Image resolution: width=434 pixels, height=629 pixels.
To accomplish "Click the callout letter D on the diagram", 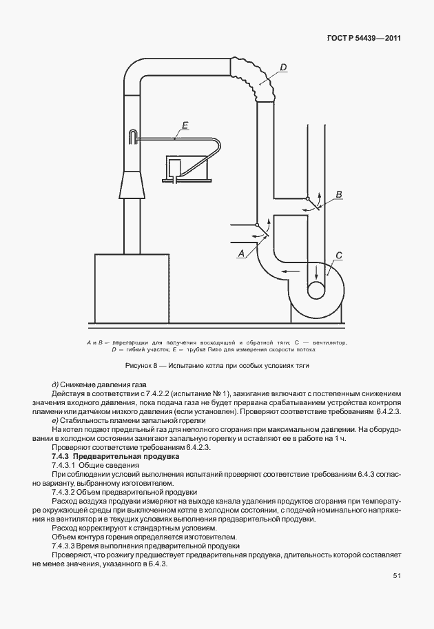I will (x=282, y=68).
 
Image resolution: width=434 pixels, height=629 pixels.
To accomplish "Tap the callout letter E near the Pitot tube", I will (x=185, y=125).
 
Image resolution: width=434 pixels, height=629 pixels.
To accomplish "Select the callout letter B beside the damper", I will (x=338, y=196).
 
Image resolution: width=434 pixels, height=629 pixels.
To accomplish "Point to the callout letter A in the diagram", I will (x=240, y=254).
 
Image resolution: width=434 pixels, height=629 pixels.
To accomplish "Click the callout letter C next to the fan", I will (x=338, y=256).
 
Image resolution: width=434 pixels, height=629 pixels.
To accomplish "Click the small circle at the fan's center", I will (x=317, y=289).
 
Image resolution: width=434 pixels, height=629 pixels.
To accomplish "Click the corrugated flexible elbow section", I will (x=255, y=76).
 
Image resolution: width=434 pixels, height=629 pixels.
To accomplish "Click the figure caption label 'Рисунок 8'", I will (x=143, y=365).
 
